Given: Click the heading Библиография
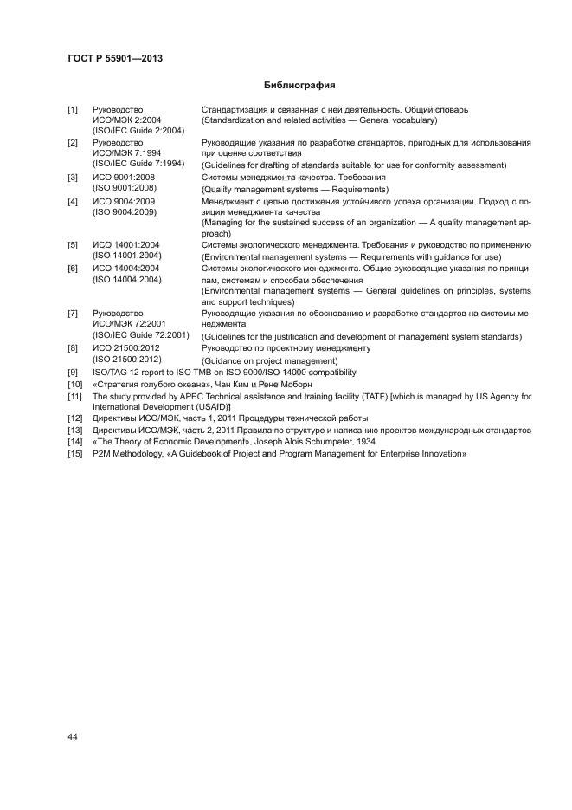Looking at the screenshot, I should tap(299, 86).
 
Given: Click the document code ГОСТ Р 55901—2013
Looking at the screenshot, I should tap(115, 58).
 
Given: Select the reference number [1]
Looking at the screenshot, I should tap(74, 110).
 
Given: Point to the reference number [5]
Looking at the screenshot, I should tap(74, 246).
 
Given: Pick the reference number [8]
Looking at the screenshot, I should tap(74, 348).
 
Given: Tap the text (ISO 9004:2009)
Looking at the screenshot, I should tap(125, 211).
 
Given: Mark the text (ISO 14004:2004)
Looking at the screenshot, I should tap(127, 280).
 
